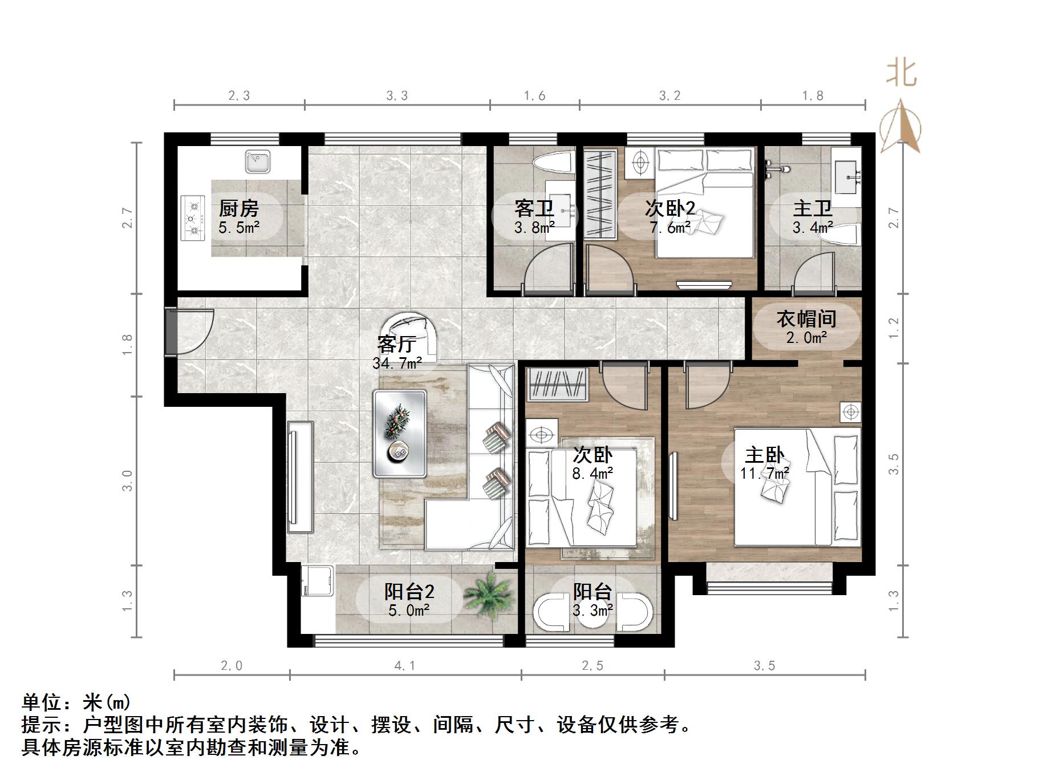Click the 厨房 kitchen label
click(238, 209)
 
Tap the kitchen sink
click(258, 161)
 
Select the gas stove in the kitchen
click(193, 218)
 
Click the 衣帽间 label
click(806, 318)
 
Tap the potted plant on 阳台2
click(488, 594)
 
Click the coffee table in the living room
click(400, 434)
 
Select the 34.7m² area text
click(397, 363)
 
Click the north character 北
click(901, 74)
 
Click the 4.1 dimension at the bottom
click(405, 665)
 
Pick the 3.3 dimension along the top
click(397, 95)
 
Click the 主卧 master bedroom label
click(765, 455)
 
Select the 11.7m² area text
click(765, 473)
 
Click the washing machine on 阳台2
click(317, 580)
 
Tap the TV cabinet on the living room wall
click(301, 477)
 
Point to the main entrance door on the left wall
click(171, 332)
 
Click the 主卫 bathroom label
click(813, 209)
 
